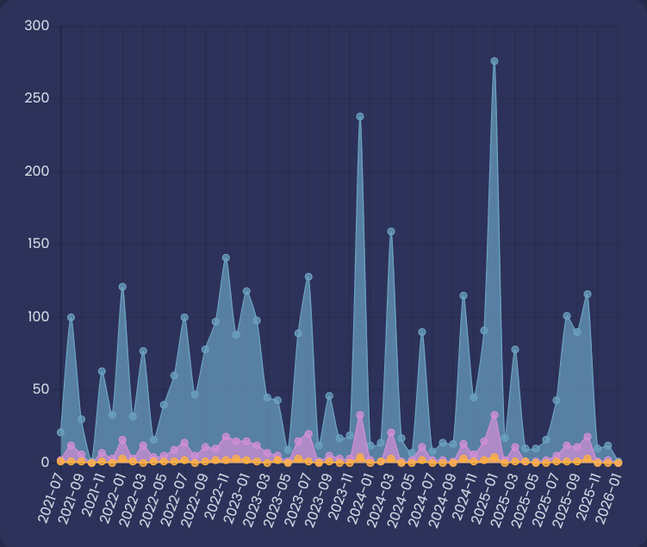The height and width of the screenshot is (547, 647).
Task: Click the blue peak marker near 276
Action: coord(495,61)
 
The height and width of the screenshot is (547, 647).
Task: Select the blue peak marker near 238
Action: coord(360,116)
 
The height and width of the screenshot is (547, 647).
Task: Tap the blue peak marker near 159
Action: coord(391,232)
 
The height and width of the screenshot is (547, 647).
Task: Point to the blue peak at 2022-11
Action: coord(226,258)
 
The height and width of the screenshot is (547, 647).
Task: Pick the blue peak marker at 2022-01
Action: coord(122,287)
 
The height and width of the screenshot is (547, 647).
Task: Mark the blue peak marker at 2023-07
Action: coord(308,277)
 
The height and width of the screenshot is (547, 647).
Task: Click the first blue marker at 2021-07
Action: coord(60,432)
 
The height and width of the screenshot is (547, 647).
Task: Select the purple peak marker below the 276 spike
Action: coord(495,415)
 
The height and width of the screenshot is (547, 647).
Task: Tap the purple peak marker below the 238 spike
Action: coord(360,415)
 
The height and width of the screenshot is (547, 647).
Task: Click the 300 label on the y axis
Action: coord(37,26)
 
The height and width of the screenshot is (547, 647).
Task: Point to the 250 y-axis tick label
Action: coord(37,98)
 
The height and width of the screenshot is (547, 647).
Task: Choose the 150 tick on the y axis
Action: coord(37,244)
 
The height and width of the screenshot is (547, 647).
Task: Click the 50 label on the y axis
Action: coord(40,389)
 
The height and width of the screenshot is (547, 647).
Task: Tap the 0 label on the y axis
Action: coord(45,463)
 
